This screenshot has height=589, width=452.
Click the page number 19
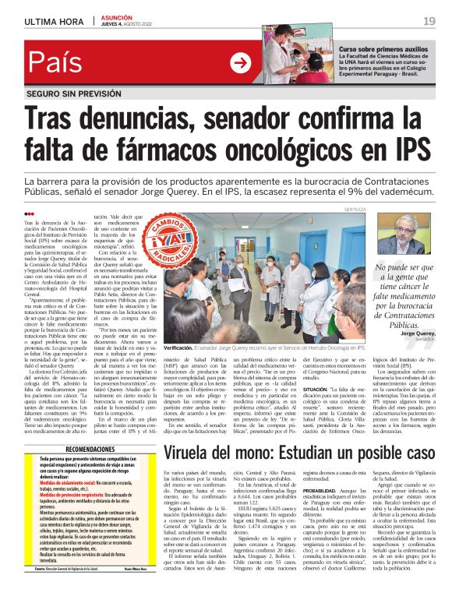pyautogui.click(x=429, y=20)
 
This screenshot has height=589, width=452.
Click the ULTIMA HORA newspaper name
pyautogui.click(x=54, y=20)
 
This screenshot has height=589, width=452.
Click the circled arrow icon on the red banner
pyautogui.click(x=240, y=64)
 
